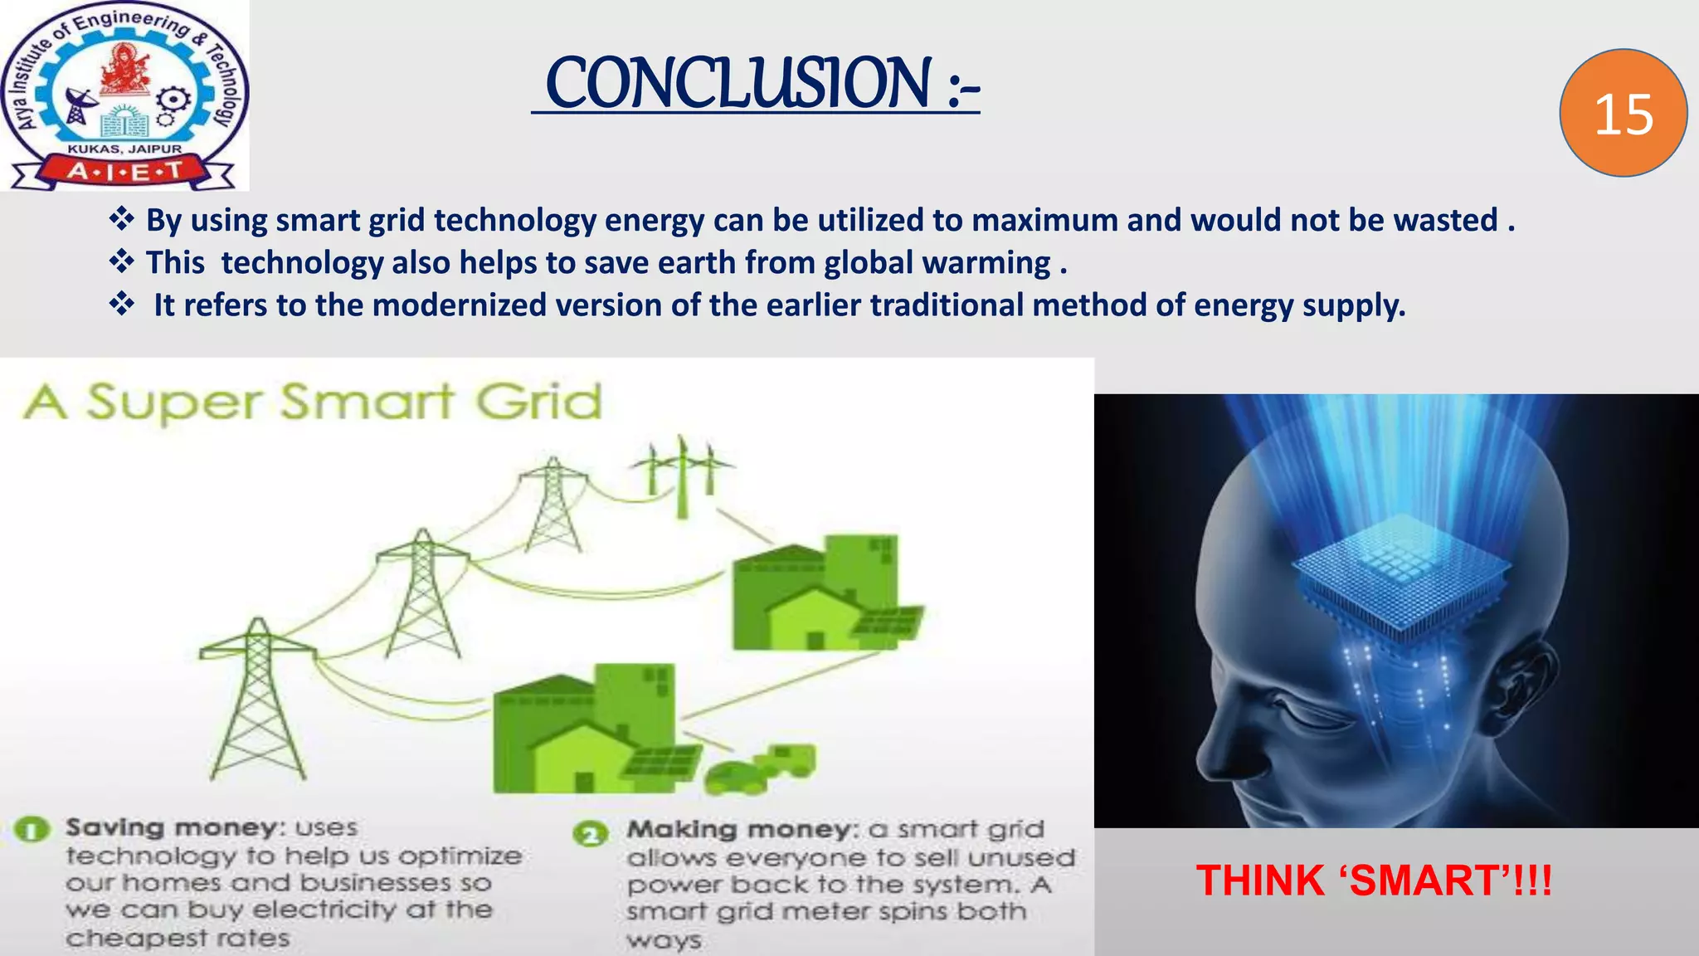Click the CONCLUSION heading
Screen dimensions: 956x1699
point(755,83)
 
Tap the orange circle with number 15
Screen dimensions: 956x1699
point(1623,114)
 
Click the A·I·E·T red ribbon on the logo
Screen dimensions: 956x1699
point(124,172)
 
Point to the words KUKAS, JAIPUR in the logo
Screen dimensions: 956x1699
point(124,149)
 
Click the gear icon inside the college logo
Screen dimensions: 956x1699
point(172,101)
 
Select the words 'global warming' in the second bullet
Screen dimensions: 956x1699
point(937,263)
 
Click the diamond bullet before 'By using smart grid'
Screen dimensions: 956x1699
point(122,220)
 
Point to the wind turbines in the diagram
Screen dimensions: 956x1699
point(682,473)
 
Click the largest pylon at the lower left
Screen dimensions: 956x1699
point(257,697)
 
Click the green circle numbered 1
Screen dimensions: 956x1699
point(32,829)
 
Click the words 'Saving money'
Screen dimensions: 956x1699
point(170,828)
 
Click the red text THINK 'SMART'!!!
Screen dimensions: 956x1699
point(1373,880)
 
